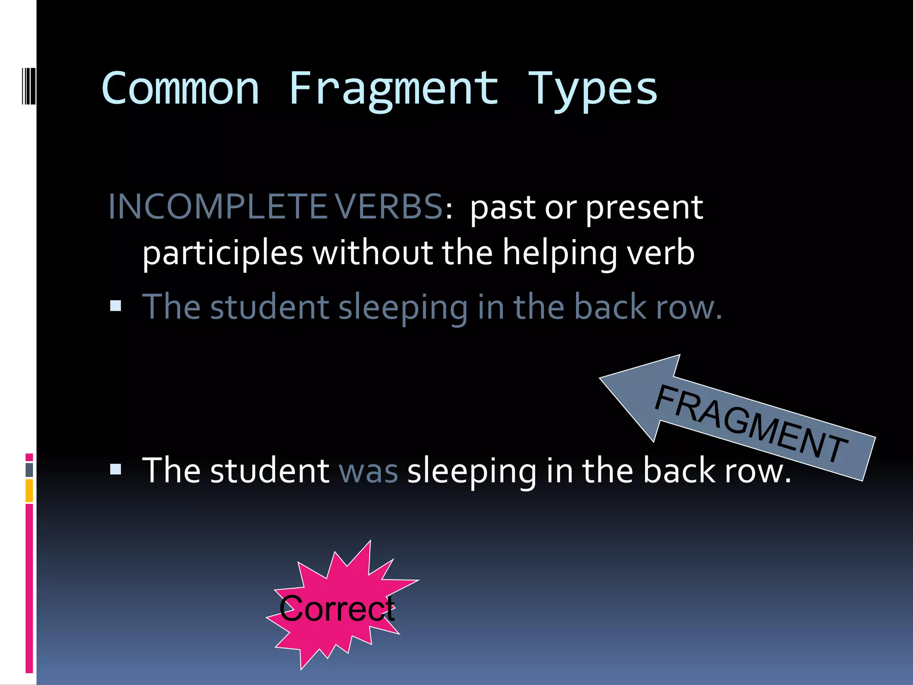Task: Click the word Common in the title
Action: (x=180, y=89)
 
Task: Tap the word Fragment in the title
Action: (x=394, y=89)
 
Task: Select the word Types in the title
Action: (x=592, y=89)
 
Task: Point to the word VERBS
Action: (x=388, y=207)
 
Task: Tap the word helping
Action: (x=560, y=253)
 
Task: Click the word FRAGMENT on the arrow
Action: (x=751, y=423)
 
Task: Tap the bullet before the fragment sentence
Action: (x=115, y=306)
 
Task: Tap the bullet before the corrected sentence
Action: (x=115, y=469)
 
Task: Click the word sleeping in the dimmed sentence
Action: (x=403, y=308)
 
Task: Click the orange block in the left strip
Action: (x=29, y=491)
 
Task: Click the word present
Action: (x=644, y=208)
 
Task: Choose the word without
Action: (x=372, y=252)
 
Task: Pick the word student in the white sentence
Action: (x=269, y=471)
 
